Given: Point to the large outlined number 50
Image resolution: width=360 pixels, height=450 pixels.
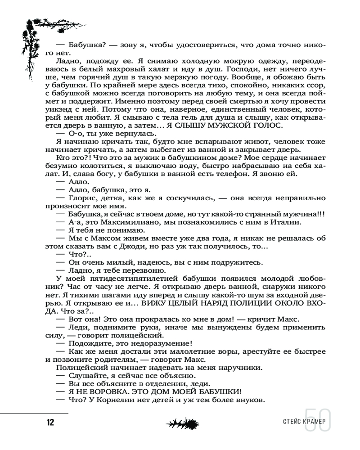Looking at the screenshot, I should tap(317, 420).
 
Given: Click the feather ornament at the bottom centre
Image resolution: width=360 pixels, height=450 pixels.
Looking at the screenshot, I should tap(182, 423).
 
